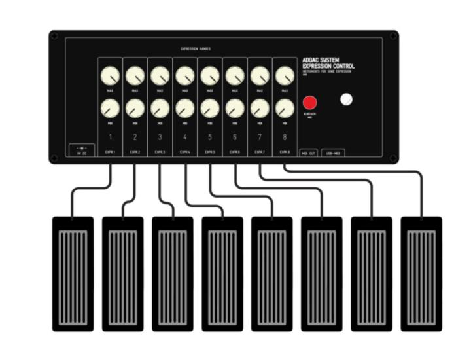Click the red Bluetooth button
click(309, 103)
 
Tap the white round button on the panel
click(347, 99)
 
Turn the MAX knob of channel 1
click(111, 76)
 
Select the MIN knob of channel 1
click(111, 108)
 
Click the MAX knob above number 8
click(285, 76)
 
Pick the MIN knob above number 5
click(210, 108)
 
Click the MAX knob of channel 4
click(185, 76)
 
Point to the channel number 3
click(160, 137)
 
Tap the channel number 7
click(260, 137)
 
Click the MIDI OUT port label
click(308, 153)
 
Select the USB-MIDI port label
click(333, 153)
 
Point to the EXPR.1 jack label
click(110, 152)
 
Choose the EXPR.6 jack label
click(234, 152)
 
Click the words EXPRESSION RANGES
click(196, 49)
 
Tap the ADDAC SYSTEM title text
click(320, 60)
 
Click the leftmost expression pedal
click(73, 273)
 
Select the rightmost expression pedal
click(421, 273)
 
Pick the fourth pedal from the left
click(222, 273)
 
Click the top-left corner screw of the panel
click(54, 36)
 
